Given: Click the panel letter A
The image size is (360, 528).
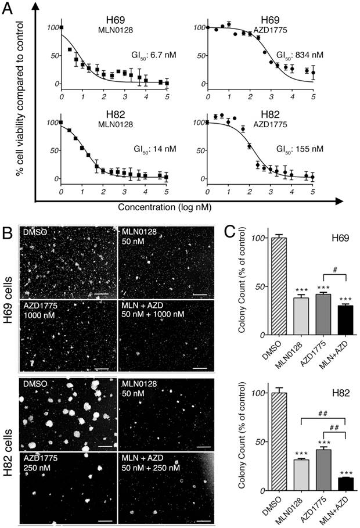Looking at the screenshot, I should click(10, 8).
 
